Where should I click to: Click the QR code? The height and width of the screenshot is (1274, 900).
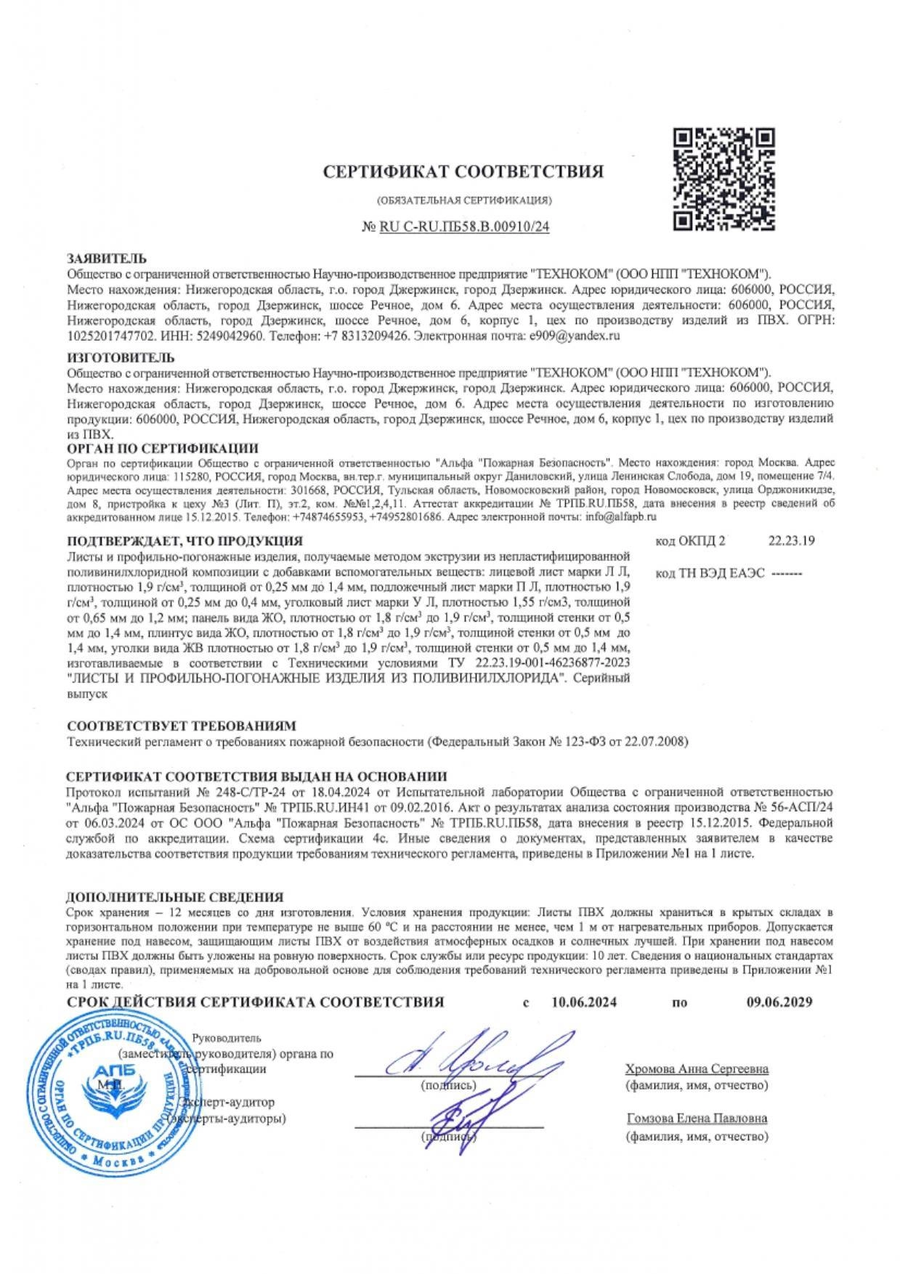coord(723,179)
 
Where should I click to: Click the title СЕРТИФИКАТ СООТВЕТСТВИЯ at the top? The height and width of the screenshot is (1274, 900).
coord(463,172)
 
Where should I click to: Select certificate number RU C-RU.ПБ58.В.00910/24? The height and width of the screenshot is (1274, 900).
coord(464,227)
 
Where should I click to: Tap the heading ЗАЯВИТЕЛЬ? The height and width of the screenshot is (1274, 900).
coord(107,259)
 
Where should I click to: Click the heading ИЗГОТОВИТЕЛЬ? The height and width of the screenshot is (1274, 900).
coord(121,357)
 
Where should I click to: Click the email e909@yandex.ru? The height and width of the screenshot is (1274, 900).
coord(575,336)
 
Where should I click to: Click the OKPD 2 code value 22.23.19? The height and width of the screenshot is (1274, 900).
coord(791,540)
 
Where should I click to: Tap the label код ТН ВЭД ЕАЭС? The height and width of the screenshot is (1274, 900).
coord(710,573)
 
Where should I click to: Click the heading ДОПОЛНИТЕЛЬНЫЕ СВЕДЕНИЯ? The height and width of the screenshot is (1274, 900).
coord(174,897)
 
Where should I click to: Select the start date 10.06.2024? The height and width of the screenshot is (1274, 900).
coord(584,1003)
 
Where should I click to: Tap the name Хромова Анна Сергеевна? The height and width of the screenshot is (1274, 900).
coord(697,1069)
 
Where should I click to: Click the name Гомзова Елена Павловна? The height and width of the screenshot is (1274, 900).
coord(696,1119)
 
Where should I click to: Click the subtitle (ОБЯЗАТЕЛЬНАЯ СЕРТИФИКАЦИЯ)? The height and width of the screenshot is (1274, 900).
coord(464,200)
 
